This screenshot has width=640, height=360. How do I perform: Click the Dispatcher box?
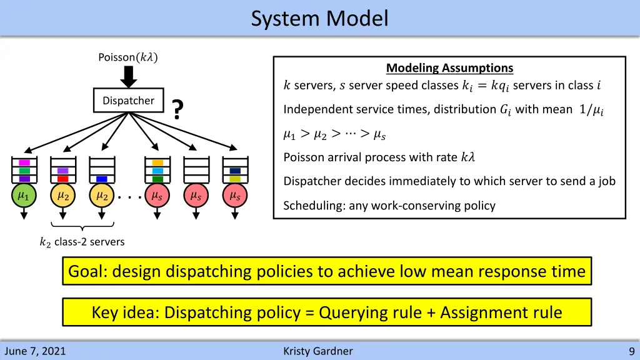[x=128, y=101]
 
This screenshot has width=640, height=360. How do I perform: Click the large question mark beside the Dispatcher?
[x=178, y=111]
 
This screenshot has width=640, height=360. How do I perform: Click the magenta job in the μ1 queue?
[x=24, y=162]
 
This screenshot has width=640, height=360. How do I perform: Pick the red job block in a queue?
[x=62, y=179]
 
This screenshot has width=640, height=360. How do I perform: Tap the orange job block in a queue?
[x=157, y=162]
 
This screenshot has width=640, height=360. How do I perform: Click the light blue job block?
[x=157, y=171]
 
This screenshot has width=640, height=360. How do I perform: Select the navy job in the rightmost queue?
[x=235, y=171]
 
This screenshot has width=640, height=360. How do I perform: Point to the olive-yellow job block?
[x=235, y=179]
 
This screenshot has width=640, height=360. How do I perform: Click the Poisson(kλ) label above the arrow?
[x=128, y=57]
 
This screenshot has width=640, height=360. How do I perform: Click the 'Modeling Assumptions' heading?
[x=449, y=68]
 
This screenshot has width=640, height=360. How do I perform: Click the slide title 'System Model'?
[x=319, y=18]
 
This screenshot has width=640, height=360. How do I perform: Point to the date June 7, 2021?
[x=35, y=351]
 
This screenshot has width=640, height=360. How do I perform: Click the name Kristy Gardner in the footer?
[x=317, y=351]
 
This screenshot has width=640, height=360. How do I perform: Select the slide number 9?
[x=632, y=351]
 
